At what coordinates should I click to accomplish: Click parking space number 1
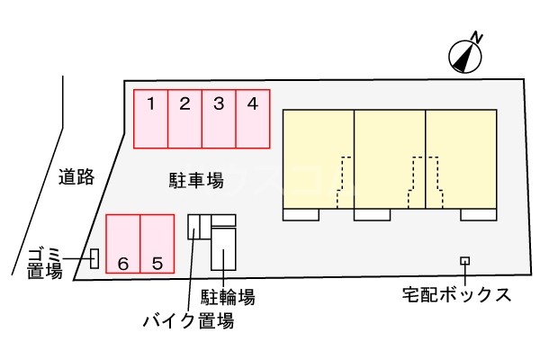pyautogui.click(x=151, y=118)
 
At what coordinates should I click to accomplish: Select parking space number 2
pyautogui.click(x=184, y=118)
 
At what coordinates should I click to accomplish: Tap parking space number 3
pyautogui.click(x=219, y=118)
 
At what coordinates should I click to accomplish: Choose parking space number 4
pyautogui.click(x=253, y=118)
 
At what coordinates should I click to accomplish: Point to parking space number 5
pyautogui.click(x=157, y=243)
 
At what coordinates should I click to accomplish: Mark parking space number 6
pyautogui.click(x=122, y=243)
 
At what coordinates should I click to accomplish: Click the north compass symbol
pyautogui.click(x=463, y=56)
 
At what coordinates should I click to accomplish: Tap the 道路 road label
pyautogui.click(x=76, y=176)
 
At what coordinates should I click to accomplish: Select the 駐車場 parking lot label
pyautogui.click(x=196, y=180)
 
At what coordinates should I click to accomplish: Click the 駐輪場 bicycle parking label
pyautogui.click(x=228, y=297)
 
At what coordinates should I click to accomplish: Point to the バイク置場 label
pyautogui.click(x=189, y=320)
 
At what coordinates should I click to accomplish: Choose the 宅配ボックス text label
pyautogui.click(x=457, y=294)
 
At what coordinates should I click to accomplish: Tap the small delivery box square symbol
pyautogui.click(x=464, y=261)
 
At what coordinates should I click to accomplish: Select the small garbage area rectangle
pyautogui.click(x=94, y=259)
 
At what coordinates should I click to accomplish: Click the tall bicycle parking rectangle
pyautogui.click(x=223, y=248)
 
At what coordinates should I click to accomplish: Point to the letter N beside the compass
pyautogui.click(x=478, y=37)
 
